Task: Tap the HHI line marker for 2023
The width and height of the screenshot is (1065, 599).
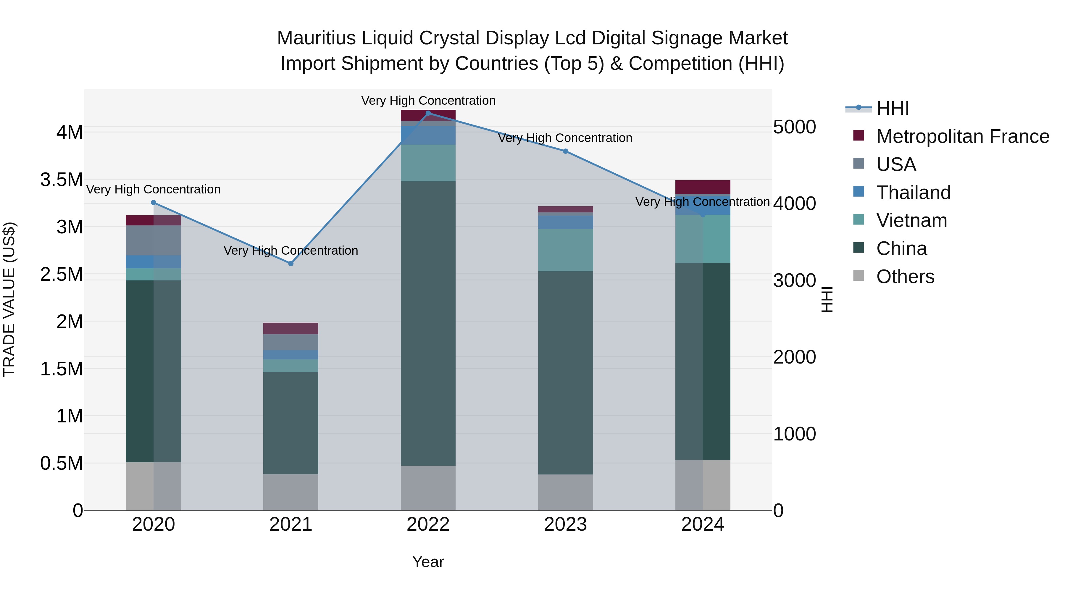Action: [x=566, y=151]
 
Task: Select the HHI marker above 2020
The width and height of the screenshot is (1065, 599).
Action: [x=153, y=203]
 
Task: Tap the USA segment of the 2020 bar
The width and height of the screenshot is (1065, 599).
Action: [x=153, y=240]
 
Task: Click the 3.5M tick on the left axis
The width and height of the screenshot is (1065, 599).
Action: [x=62, y=180]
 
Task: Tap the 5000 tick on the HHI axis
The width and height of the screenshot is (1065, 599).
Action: [x=794, y=127]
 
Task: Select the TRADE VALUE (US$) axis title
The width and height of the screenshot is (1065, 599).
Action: [x=9, y=299]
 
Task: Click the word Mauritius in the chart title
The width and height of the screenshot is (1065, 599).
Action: [x=316, y=38]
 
